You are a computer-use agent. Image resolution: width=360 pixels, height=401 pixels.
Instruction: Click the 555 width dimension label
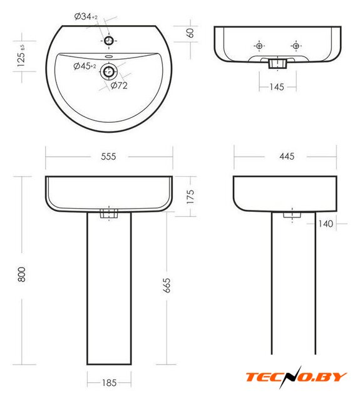[x=108, y=156]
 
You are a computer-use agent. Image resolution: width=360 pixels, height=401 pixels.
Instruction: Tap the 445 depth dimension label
[x=287, y=156]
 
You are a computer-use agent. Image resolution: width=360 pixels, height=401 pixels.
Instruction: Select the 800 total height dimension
[x=22, y=274]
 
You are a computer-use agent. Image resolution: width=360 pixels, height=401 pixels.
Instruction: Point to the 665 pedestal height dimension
[x=167, y=285]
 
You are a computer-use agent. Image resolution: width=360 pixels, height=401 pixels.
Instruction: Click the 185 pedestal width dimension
[x=110, y=383]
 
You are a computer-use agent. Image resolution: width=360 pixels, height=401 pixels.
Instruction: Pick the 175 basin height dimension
[x=190, y=196]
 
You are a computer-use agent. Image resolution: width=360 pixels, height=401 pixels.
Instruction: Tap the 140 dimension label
[x=326, y=224]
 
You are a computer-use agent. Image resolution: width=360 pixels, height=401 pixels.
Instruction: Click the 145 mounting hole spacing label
[x=277, y=87]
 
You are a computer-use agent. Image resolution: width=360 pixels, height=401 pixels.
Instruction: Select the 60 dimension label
[x=190, y=33]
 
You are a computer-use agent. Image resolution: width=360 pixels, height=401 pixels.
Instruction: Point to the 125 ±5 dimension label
[x=21, y=56]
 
